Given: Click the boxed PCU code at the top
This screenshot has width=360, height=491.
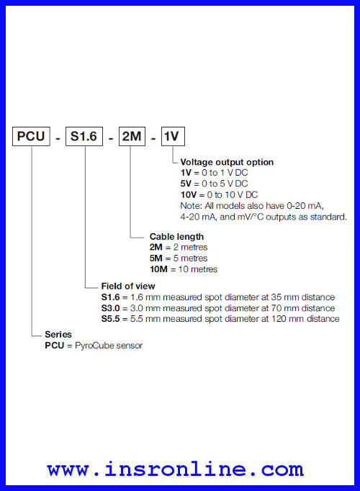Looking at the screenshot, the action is [x=31, y=136].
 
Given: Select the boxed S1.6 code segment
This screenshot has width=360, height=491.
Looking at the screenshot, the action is [x=84, y=136].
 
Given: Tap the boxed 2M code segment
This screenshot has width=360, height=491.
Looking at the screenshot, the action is [x=132, y=136].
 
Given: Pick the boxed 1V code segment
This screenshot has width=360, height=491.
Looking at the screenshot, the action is [x=173, y=136].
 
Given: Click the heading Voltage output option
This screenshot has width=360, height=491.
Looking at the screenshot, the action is [x=227, y=162].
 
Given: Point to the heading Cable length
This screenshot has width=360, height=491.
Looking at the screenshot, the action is [x=176, y=236].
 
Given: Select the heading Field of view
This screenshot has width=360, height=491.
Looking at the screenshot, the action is [x=128, y=286].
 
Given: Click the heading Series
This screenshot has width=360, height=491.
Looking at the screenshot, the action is [x=58, y=334].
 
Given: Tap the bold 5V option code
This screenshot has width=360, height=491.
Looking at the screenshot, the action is [x=186, y=184].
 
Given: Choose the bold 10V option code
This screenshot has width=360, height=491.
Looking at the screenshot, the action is [x=189, y=195].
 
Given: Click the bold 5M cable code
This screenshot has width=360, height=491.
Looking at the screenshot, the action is [x=156, y=258].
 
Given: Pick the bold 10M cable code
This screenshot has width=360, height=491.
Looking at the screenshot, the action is [x=158, y=269].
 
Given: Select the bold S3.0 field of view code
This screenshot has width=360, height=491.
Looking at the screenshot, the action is [x=110, y=308].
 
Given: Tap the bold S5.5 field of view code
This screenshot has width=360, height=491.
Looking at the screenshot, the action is [x=110, y=319].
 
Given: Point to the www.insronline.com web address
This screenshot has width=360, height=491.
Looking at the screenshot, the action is [x=175, y=469].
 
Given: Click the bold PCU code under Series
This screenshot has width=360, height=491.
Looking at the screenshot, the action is [x=55, y=346].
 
